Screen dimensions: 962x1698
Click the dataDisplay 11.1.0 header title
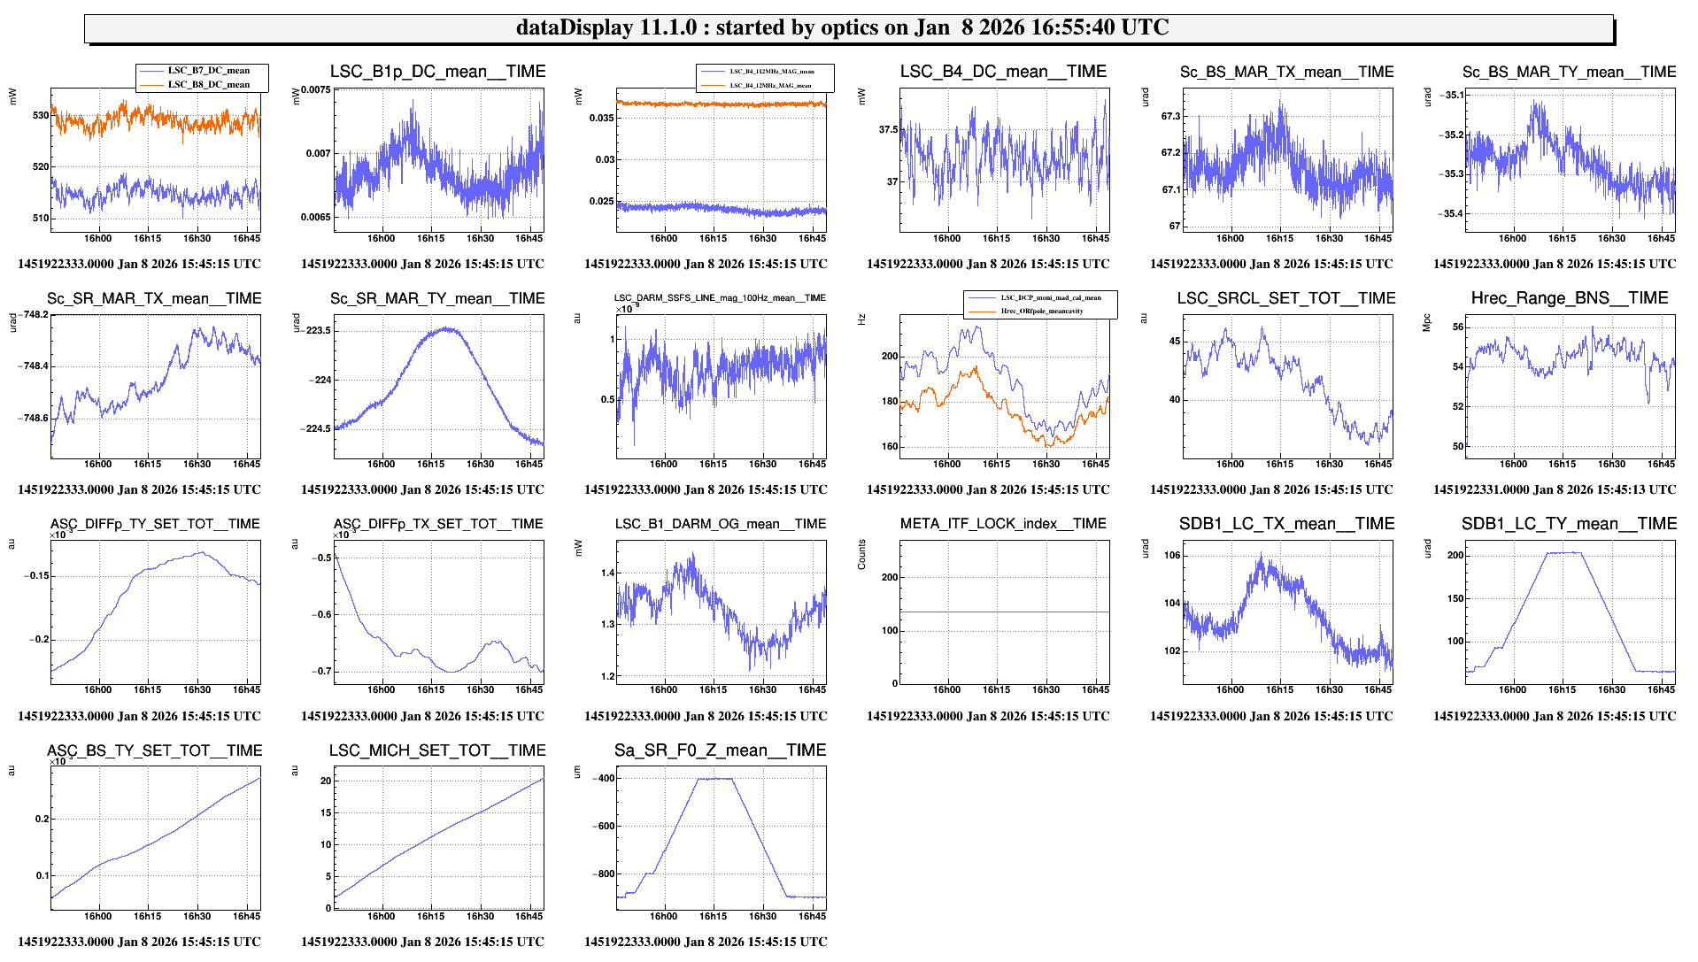click(x=842, y=27)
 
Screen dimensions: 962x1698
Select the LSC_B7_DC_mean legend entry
click(x=208, y=71)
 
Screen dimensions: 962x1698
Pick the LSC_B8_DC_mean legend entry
click(x=208, y=85)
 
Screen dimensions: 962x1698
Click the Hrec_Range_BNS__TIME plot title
click(x=1569, y=298)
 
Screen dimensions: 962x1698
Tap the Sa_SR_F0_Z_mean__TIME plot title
click(x=720, y=750)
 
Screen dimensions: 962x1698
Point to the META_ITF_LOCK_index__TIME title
click(x=1003, y=524)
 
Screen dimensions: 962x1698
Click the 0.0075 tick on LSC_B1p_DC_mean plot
click(x=316, y=89)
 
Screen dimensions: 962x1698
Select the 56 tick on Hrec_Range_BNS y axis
click(x=1457, y=327)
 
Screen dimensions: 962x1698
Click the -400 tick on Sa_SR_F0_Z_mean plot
click(x=605, y=779)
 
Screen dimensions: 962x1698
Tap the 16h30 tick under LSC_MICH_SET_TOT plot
click(x=480, y=916)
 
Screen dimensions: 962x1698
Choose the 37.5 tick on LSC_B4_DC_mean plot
click(x=887, y=130)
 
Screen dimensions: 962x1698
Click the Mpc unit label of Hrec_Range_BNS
click(x=1426, y=323)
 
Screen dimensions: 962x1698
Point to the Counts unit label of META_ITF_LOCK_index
click(x=861, y=554)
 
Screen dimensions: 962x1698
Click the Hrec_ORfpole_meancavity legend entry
click(x=1041, y=312)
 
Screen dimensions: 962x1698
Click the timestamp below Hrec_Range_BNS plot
click(x=1554, y=489)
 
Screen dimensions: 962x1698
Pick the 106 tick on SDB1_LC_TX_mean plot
click(x=1172, y=556)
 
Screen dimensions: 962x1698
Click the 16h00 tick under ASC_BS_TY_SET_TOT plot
click(x=97, y=916)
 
